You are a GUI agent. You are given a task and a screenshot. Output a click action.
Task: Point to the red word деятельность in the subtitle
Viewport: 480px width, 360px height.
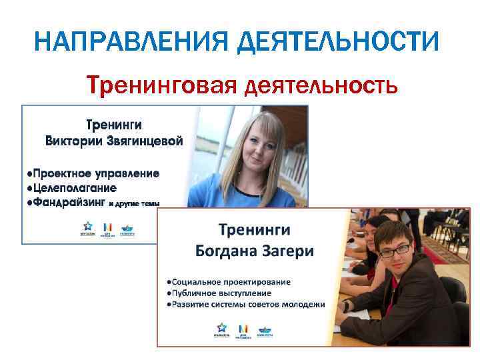pyautogui.click(x=323, y=85)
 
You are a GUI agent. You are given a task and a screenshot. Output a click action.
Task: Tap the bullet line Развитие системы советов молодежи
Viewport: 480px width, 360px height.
pyautogui.click(x=247, y=304)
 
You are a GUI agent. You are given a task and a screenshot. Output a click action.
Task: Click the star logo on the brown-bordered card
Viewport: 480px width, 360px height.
pyautogui.click(x=221, y=328)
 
